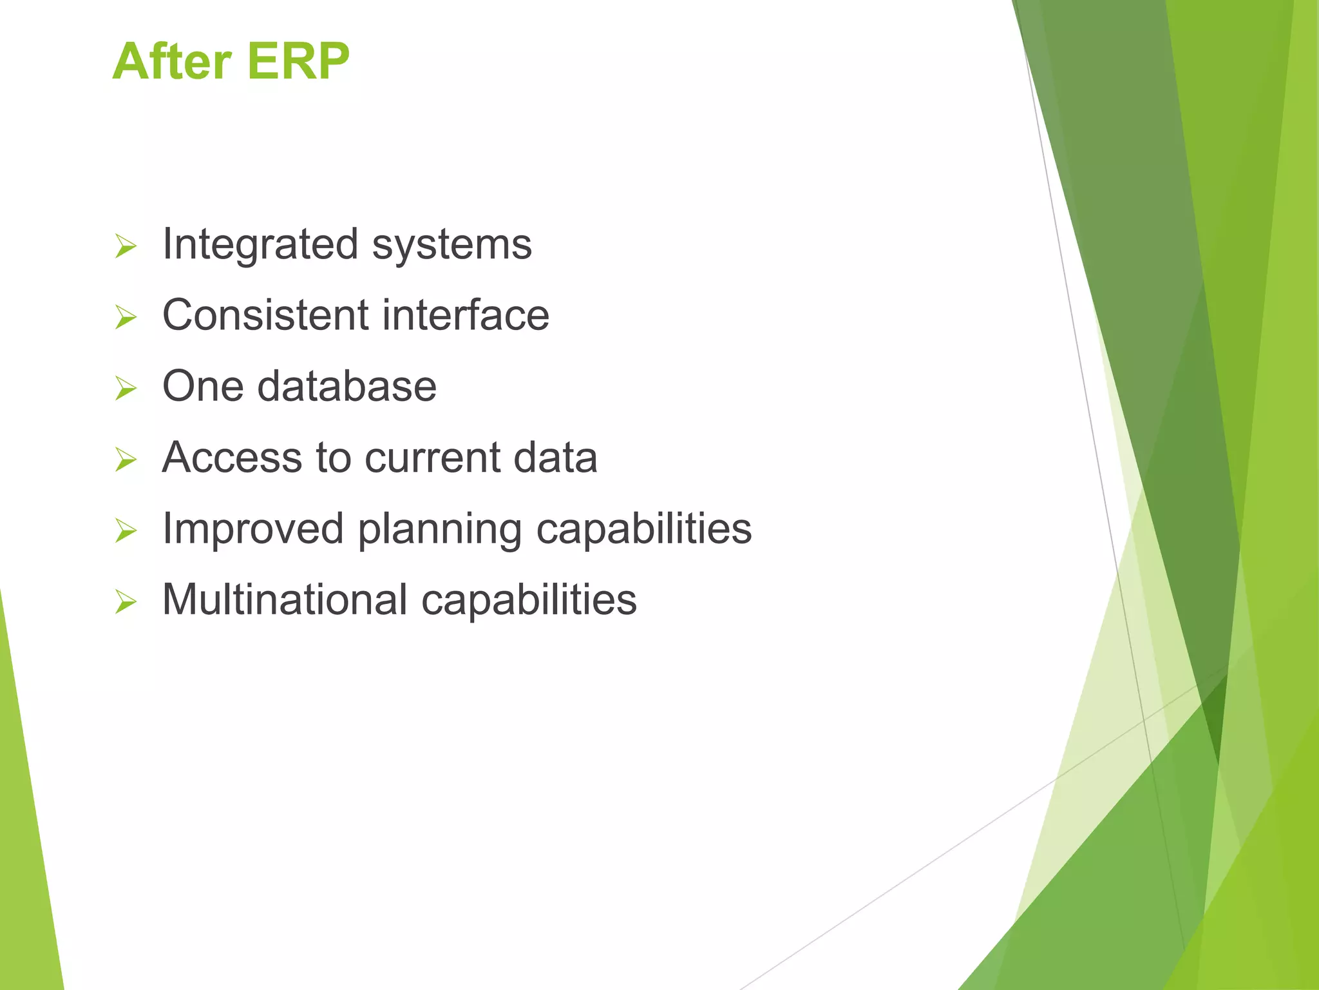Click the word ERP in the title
coord(298,62)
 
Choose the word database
coord(347,387)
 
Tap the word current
coord(432,459)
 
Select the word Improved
coord(253,530)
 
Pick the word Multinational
coord(285,600)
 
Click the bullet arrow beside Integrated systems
coord(126,247)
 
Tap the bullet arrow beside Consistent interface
coord(126,318)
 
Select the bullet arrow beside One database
coord(126,389)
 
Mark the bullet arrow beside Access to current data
coord(126,460)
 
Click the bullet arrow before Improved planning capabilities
coord(126,531)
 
